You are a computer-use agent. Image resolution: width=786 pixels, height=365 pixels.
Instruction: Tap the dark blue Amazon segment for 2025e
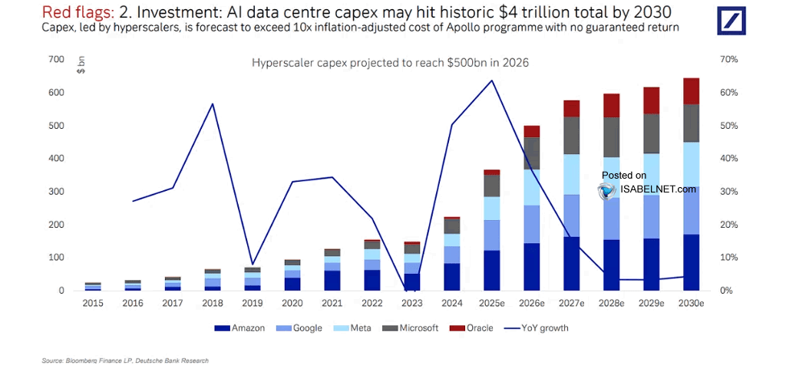tap(491, 270)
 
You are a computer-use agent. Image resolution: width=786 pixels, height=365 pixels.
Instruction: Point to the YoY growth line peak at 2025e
tap(491, 81)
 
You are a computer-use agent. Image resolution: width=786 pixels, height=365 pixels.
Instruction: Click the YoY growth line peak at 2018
tap(212, 104)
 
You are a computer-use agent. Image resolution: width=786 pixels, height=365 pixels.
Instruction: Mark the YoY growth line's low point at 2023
tap(411, 290)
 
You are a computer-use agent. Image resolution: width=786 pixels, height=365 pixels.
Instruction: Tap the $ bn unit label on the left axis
tap(81, 65)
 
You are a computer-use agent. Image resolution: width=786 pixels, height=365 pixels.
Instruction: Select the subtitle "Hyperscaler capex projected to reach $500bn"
tap(390, 63)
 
